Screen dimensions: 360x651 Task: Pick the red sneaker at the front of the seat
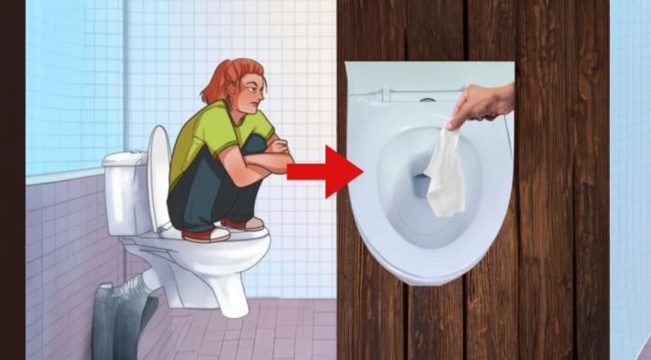click(x=248, y=223)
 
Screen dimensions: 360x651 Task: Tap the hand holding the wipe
click(x=481, y=104)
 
